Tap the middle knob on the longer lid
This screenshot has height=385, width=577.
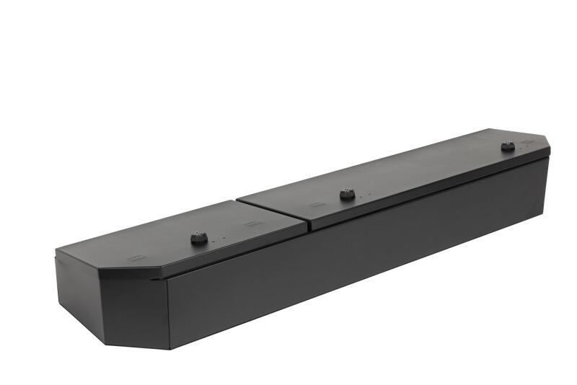click(347, 193)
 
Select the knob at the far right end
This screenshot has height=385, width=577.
click(508, 146)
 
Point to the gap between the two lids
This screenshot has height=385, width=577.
click(273, 205)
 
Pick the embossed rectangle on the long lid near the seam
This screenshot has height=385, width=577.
click(316, 205)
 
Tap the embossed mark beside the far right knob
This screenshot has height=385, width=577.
click(527, 142)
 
